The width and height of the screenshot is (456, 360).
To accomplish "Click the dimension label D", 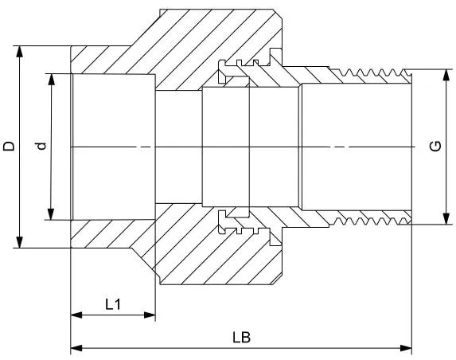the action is click(9, 146).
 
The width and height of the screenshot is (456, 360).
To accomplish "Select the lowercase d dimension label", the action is click(42, 146).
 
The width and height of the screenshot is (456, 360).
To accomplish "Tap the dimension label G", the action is click(435, 146).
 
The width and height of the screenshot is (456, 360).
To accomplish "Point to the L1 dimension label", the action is click(112, 304).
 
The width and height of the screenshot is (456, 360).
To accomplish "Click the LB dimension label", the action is click(241, 338).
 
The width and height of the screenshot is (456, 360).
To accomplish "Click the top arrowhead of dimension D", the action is click(19, 52).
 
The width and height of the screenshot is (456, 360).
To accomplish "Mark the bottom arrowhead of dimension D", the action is click(19, 242).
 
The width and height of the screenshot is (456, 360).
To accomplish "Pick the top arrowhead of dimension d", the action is click(52, 80).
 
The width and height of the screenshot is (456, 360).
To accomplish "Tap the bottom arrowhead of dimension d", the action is click(52, 214).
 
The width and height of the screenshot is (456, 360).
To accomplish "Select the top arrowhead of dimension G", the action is click(446, 75).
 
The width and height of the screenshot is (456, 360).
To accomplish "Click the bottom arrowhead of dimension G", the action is click(446, 218).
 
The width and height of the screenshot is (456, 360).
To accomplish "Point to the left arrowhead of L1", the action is click(76, 315).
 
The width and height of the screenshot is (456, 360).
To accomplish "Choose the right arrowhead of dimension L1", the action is click(150, 315).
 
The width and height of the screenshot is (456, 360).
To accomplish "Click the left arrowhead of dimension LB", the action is click(76, 348).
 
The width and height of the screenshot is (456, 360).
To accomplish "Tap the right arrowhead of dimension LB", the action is click(406, 348).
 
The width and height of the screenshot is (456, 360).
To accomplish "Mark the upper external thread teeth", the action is click(370, 72).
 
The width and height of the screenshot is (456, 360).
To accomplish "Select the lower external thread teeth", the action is click(370, 221).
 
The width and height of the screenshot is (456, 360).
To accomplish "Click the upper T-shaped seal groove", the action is click(224, 71).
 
